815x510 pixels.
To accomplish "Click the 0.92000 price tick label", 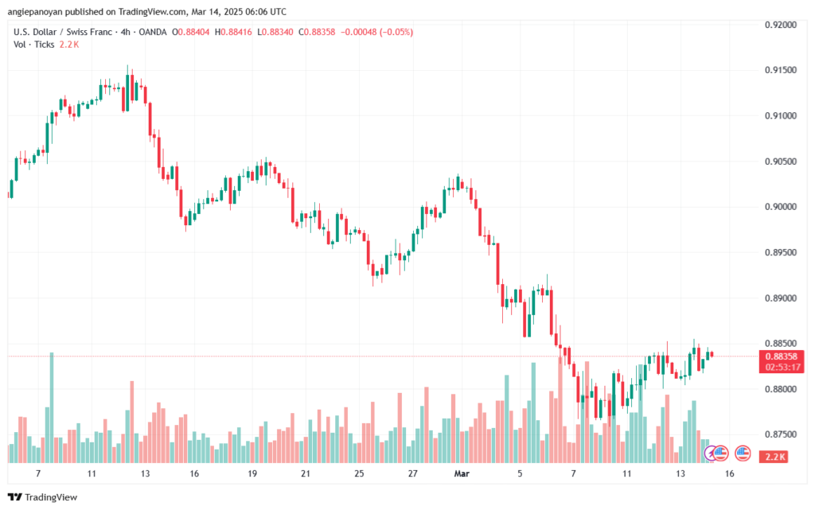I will pos(781,25).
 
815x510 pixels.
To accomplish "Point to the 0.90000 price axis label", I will pos(781,207).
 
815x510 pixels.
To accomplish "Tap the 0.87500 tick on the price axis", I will pos(781,434).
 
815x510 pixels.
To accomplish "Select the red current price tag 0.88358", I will pos(781,356).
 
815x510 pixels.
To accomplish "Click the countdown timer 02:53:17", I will pos(781,366).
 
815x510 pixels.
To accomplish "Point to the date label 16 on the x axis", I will pos(729,473).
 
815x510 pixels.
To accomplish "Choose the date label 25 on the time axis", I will pos(359,473).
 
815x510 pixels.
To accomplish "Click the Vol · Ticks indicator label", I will pos(34,45).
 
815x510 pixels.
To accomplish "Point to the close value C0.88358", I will pos(315,32).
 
